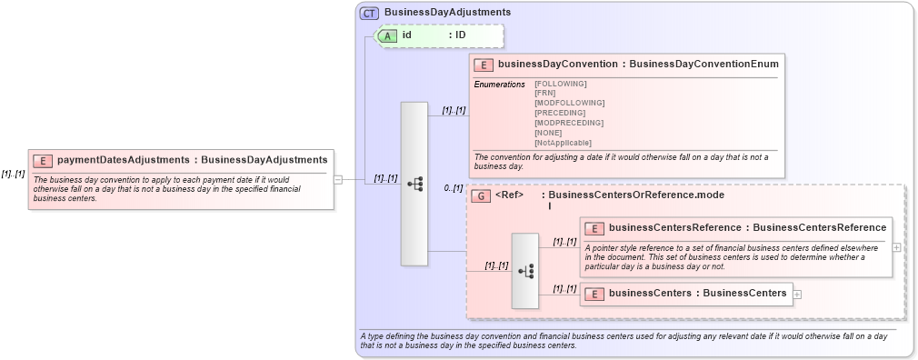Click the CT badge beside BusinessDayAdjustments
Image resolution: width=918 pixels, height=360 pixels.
click(369, 13)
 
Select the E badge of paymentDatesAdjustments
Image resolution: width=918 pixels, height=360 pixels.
click(42, 161)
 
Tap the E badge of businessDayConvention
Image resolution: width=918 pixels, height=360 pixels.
click(484, 65)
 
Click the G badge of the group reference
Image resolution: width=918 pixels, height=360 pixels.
click(481, 195)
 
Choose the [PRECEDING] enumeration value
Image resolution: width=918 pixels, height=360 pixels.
click(560, 113)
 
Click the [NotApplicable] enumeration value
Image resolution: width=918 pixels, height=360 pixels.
click(563, 143)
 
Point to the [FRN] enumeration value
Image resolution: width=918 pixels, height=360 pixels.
click(545, 93)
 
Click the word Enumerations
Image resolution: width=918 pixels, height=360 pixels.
click(499, 84)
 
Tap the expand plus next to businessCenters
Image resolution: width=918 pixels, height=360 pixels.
click(797, 294)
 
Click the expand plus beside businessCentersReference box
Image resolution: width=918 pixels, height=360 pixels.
click(897, 246)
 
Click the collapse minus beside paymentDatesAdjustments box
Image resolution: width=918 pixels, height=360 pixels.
click(338, 179)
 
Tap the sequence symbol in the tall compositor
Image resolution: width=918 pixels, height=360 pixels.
click(414, 184)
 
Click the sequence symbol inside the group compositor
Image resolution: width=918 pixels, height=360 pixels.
click(525, 271)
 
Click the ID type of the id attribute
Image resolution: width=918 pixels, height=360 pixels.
click(460, 35)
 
